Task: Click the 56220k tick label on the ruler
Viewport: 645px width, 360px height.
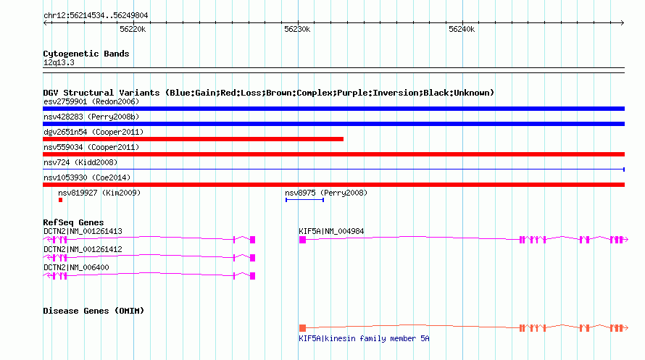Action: tap(133, 29)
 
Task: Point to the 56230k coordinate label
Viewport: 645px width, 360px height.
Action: tap(297, 29)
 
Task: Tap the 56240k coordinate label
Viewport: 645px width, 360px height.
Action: tap(462, 29)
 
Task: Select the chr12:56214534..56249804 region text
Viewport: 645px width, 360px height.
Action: tap(96, 16)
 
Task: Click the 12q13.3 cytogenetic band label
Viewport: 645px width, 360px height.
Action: tap(59, 62)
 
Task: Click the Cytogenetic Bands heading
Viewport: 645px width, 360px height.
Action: tap(86, 54)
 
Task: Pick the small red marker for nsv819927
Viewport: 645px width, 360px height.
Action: tap(60, 200)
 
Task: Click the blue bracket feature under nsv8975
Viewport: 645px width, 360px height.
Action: tap(305, 200)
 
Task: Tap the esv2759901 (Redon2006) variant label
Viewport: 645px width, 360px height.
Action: tap(91, 101)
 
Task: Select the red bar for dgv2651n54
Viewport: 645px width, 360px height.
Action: tap(193, 139)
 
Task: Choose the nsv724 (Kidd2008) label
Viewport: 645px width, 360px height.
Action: tap(80, 162)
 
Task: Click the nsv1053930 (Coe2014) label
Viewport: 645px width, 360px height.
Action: tap(87, 177)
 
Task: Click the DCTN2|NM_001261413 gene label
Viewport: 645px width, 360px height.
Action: tap(83, 231)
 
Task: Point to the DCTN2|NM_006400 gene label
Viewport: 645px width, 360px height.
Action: tap(76, 267)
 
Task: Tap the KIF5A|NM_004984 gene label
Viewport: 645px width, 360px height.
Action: tap(331, 231)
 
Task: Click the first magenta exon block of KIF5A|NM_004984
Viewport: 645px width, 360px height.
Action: tap(302, 240)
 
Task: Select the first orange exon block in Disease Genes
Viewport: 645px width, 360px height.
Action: tap(302, 328)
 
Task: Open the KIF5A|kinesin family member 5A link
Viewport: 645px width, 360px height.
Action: tap(364, 338)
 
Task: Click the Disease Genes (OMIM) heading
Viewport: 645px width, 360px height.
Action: tap(93, 311)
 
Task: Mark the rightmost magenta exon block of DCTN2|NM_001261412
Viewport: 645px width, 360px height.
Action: tap(253, 258)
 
